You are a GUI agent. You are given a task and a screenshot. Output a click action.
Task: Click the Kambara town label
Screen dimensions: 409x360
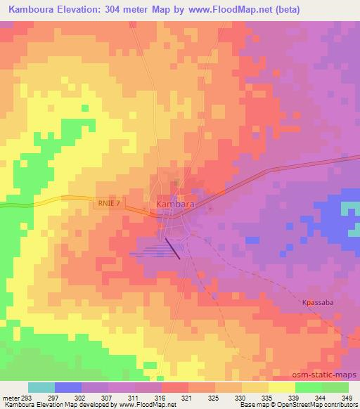coord(173,204)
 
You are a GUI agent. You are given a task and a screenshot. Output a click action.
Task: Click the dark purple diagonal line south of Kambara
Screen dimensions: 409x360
coord(172,249)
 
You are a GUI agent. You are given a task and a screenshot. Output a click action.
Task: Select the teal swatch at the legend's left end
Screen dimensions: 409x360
coord(41,387)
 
